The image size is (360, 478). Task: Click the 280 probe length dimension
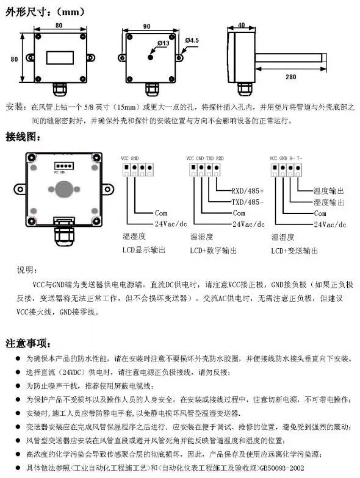[x=290, y=77]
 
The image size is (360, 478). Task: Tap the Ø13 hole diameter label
[x=164, y=43]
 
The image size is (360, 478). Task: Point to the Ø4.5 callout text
[x=192, y=40]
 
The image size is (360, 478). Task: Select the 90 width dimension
[x=146, y=27]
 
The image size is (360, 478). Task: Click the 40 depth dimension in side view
[x=242, y=25]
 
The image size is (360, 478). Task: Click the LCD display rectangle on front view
[x=60, y=57]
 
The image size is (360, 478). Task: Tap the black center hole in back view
[x=150, y=57]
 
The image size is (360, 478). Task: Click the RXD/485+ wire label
[x=248, y=191]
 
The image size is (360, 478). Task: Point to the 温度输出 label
[x=328, y=191]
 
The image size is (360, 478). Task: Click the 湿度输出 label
[x=328, y=202]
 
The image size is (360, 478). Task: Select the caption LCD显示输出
[x=144, y=250]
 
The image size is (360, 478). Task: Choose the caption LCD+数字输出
[x=214, y=251]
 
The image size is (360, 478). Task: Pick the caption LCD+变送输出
[x=294, y=251]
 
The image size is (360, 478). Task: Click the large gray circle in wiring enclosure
[x=64, y=189]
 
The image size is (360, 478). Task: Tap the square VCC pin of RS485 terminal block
[x=193, y=167]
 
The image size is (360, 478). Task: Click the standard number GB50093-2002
[x=282, y=468]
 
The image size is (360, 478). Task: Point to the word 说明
[x=27, y=269]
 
